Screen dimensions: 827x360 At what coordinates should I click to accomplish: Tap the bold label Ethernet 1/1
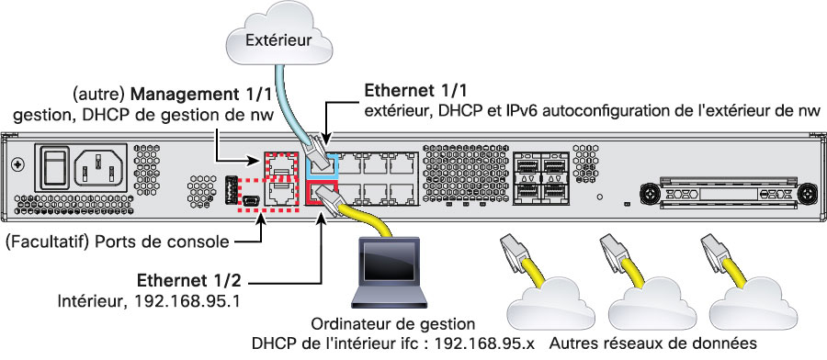click(x=415, y=91)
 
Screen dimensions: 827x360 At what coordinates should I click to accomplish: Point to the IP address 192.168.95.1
click(x=187, y=301)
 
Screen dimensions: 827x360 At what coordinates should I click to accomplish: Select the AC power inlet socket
click(x=100, y=169)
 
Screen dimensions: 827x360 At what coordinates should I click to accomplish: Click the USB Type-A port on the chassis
click(x=231, y=191)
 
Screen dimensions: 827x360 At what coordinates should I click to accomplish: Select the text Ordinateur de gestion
click(x=393, y=323)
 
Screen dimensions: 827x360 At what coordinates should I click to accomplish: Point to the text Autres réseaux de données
click(x=653, y=343)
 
